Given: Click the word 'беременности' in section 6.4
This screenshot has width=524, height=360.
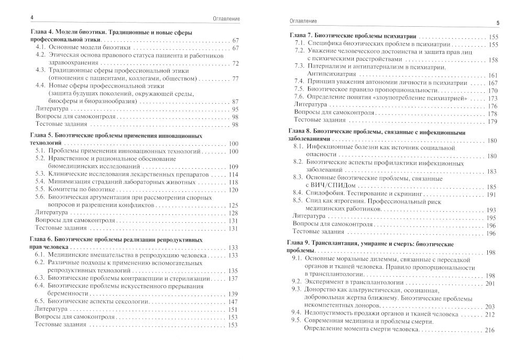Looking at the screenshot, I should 69,294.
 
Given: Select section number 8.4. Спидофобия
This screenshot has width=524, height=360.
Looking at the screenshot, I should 299,194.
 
